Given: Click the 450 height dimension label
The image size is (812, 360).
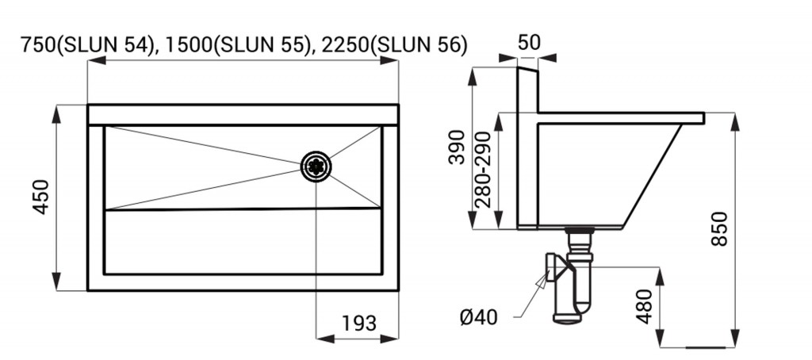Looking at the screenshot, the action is coord(41,197).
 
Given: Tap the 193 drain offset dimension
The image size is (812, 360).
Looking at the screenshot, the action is coord(359,324).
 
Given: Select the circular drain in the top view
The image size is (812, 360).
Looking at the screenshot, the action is coord(316,166).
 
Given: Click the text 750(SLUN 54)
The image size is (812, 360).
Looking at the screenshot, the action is coord(88,45).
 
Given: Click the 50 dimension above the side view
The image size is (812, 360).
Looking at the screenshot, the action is coord(529,43).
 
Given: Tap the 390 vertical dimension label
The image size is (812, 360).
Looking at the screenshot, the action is coord(457,147).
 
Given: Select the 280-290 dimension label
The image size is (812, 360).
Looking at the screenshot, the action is coord(483,170).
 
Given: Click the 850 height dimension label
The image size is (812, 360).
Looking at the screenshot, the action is coord(719,228).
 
